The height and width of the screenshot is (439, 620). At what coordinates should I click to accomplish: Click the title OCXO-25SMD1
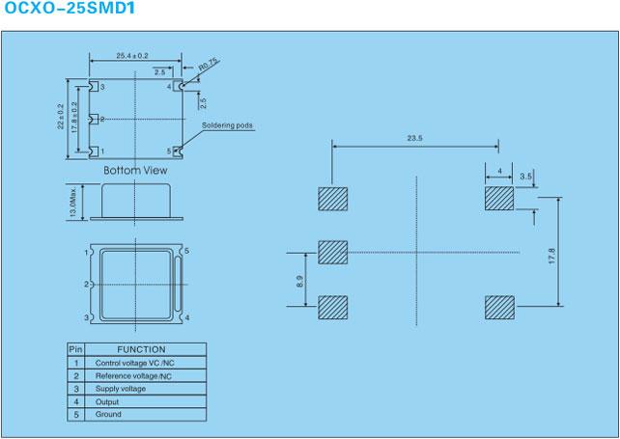pyautogui.click(x=70, y=8)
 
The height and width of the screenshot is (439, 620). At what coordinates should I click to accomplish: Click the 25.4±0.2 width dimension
pyautogui.click(x=132, y=56)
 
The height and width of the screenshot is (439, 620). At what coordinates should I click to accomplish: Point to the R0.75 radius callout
pyautogui.click(x=208, y=66)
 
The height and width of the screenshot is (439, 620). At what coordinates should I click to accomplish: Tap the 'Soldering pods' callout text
pyautogui.click(x=227, y=125)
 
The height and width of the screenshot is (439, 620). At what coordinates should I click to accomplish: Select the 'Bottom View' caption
pyautogui.click(x=135, y=171)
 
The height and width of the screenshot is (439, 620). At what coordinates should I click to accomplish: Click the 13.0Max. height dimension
pyautogui.click(x=72, y=203)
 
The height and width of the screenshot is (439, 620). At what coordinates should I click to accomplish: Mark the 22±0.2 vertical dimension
pyautogui.click(x=61, y=117)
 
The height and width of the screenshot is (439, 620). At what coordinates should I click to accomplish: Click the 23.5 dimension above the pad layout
pyautogui.click(x=415, y=138)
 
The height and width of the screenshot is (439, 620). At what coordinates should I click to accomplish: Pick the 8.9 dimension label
pyautogui.click(x=299, y=281)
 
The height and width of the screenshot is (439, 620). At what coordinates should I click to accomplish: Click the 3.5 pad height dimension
pyautogui.click(x=525, y=177)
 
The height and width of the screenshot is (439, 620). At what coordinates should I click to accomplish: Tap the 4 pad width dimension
pyautogui.click(x=500, y=171)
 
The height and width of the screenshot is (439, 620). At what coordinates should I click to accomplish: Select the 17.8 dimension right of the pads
pyautogui.click(x=552, y=256)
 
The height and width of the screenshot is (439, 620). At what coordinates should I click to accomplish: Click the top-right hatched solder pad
pyautogui.click(x=499, y=199)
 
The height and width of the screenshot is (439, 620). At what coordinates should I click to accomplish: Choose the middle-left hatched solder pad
pyautogui.click(x=333, y=253)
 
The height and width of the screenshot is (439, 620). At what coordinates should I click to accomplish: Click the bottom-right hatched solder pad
pyautogui.click(x=500, y=308)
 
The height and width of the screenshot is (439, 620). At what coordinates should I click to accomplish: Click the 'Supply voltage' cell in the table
pyautogui.click(x=121, y=389)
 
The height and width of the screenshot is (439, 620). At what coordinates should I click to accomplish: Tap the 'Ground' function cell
pyautogui.click(x=108, y=415)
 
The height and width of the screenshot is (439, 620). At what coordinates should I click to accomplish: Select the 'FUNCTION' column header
pyautogui.click(x=141, y=349)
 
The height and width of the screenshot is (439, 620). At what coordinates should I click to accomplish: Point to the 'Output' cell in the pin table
pyautogui.click(x=107, y=402)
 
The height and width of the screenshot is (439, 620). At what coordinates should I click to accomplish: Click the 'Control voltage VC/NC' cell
pyautogui.click(x=134, y=363)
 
